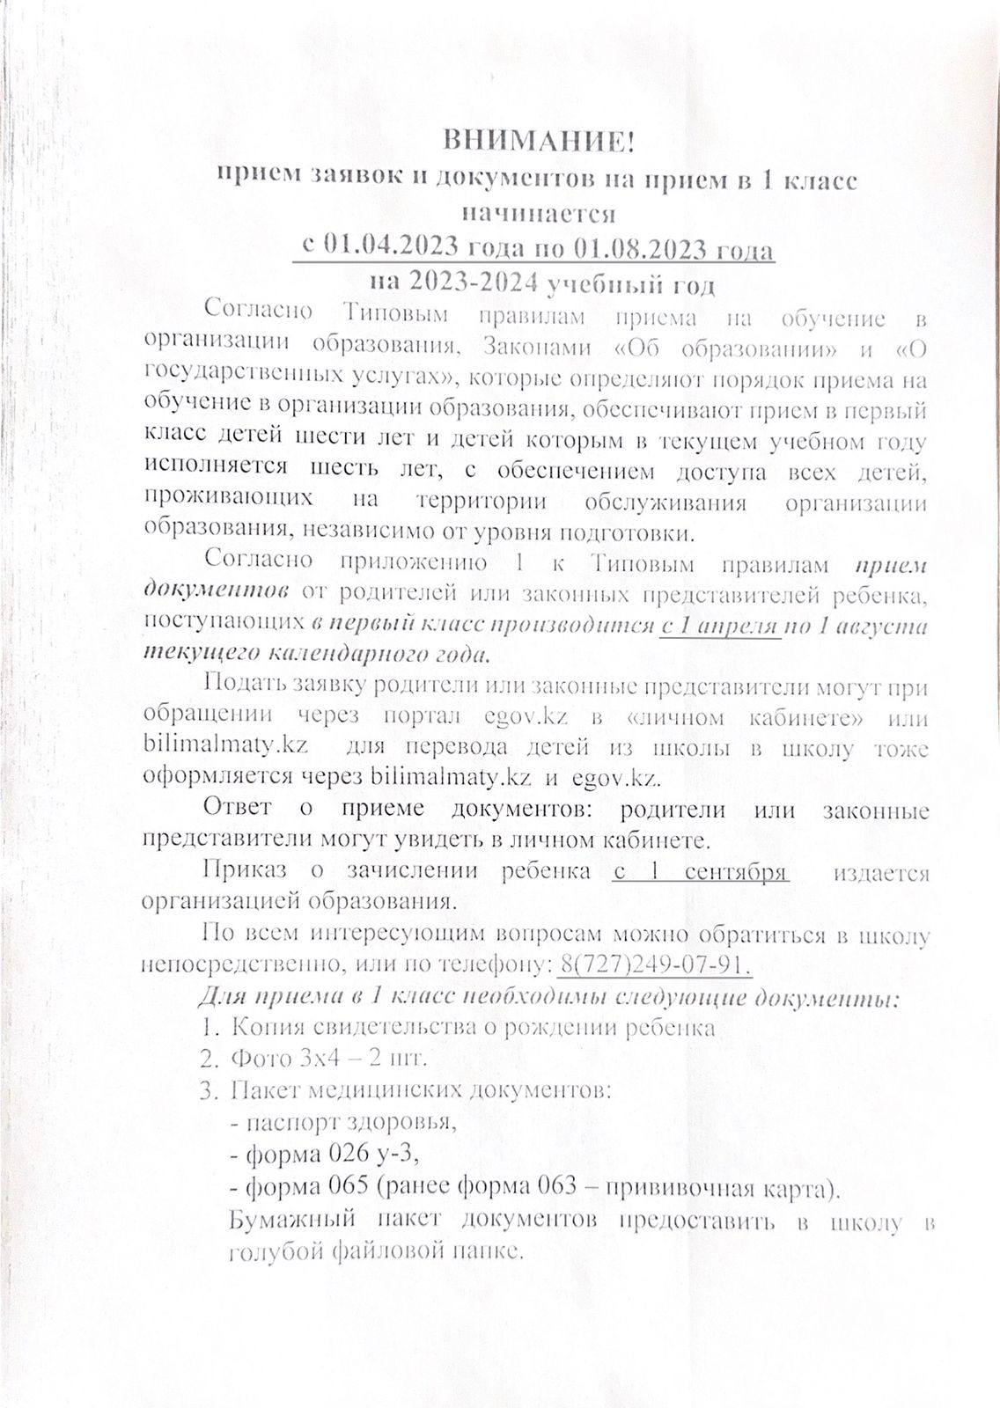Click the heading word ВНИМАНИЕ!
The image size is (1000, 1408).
coord(536,141)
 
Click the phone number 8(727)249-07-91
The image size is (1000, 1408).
coord(653,964)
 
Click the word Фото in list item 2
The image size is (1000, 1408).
coord(256,1057)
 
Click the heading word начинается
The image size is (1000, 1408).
coord(539,214)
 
